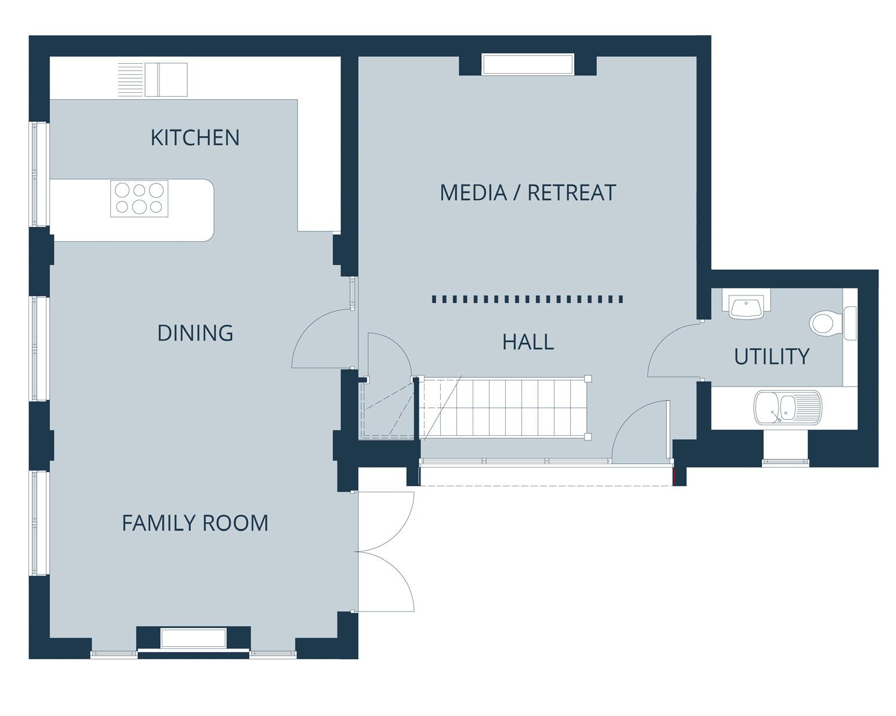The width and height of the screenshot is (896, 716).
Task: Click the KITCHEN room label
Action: pyautogui.click(x=195, y=138)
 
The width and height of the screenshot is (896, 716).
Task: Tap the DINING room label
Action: pyautogui.click(x=195, y=333)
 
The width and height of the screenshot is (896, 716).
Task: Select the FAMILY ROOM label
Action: pyautogui.click(x=195, y=523)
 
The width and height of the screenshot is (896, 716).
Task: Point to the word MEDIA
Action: pyautogui.click(x=473, y=193)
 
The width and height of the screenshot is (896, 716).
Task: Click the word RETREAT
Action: pyautogui.click(x=572, y=193)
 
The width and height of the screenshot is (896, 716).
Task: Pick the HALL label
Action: pyautogui.click(x=528, y=342)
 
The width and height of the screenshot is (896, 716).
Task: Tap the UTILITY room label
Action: pyautogui.click(x=771, y=356)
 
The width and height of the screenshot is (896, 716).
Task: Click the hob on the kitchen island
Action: pyautogui.click(x=139, y=198)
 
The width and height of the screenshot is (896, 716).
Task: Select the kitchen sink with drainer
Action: pyautogui.click(x=153, y=79)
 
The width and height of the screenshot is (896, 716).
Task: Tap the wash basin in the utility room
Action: pyautogui.click(x=746, y=306)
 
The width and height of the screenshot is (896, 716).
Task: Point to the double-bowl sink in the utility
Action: pyautogui.click(x=788, y=407)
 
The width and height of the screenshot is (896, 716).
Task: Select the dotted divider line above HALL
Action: pyautogui.click(x=528, y=299)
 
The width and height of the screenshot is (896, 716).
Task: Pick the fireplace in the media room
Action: pyautogui.click(x=528, y=64)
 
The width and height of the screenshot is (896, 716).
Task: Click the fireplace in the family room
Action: pyautogui.click(x=194, y=638)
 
